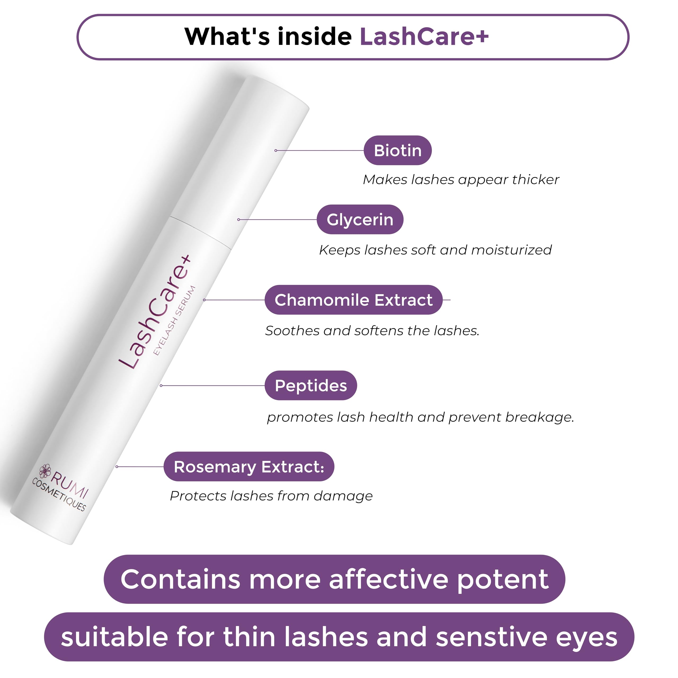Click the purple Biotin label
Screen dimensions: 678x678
[397, 150]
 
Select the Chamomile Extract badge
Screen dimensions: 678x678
[353, 300]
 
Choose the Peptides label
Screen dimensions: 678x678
[311, 385]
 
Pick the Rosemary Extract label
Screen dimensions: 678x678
[249, 467]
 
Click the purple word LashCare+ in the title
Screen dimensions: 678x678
[424, 37]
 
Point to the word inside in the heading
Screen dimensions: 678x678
[314, 37]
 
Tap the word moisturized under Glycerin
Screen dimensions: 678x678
[511, 250]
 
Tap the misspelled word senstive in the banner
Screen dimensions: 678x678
[491, 637]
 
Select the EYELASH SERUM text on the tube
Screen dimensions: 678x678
[175, 320]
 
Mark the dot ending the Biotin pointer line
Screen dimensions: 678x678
[276, 150]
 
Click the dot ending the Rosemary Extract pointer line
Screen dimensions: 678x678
[117, 467]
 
